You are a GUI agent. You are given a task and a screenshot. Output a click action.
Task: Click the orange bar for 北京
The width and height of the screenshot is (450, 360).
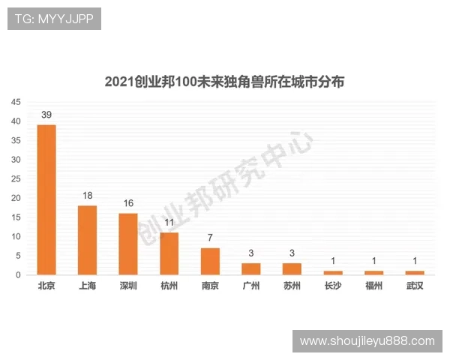click(x=46, y=199)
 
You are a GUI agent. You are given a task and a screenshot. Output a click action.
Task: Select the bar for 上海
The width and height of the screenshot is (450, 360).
click(x=87, y=240)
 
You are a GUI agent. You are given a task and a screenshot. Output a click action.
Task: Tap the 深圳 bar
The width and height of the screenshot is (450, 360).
click(x=128, y=244)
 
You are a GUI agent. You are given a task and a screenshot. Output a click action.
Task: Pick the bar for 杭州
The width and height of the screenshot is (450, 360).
click(x=169, y=253)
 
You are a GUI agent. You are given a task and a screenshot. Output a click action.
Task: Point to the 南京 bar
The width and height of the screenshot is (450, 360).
click(x=210, y=261)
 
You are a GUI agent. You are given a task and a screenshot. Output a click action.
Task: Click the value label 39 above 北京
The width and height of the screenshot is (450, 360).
click(x=46, y=115)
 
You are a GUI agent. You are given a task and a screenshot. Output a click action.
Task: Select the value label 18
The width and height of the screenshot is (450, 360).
click(x=87, y=195)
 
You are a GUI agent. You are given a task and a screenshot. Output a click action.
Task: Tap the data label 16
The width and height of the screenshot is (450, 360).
click(x=128, y=203)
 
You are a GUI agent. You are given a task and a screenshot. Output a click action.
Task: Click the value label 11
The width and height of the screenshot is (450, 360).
click(x=169, y=223)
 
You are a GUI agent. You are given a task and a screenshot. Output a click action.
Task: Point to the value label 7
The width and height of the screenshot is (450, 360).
click(x=210, y=238)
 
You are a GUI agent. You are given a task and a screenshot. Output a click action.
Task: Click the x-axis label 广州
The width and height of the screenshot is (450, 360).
click(x=250, y=286)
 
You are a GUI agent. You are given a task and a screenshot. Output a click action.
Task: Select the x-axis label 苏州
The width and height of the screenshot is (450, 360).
click(x=292, y=286)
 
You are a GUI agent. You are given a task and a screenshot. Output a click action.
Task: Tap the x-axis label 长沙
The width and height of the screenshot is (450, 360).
click(x=333, y=286)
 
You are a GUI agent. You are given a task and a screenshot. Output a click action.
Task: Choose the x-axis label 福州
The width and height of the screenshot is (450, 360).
click(x=373, y=286)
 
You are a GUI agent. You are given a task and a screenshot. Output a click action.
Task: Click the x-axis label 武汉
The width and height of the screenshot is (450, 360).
click(x=415, y=286)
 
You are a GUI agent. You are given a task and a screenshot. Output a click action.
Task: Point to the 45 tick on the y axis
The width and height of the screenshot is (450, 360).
click(x=16, y=103)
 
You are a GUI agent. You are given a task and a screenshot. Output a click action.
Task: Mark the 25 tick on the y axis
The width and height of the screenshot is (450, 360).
click(x=16, y=179)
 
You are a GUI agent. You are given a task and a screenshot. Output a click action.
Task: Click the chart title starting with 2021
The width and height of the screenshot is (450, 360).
click(x=224, y=82)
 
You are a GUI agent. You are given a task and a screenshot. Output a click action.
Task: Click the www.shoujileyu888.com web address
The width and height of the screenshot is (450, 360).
click(x=367, y=341)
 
